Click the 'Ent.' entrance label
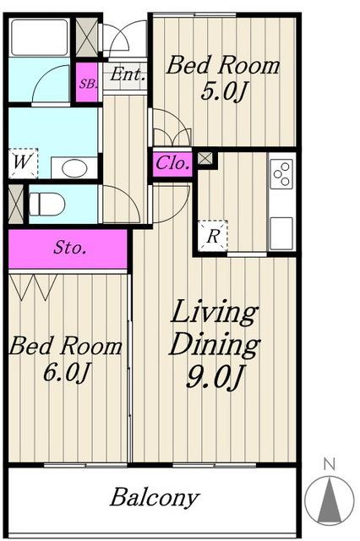point(126,75)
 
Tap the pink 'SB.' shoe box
point(86,82)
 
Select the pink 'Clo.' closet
point(172,163)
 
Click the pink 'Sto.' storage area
point(68,249)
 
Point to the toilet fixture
point(46,204)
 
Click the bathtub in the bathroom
point(39,37)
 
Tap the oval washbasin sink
point(74,168)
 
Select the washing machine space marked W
point(23,163)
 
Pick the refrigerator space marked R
point(213,236)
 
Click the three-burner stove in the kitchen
point(281,173)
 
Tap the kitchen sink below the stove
point(281,233)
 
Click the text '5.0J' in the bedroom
point(224,92)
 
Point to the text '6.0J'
point(66,373)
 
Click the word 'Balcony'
point(155,498)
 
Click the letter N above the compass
point(330,465)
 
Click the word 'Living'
point(214,312)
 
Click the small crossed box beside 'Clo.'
point(205,159)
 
